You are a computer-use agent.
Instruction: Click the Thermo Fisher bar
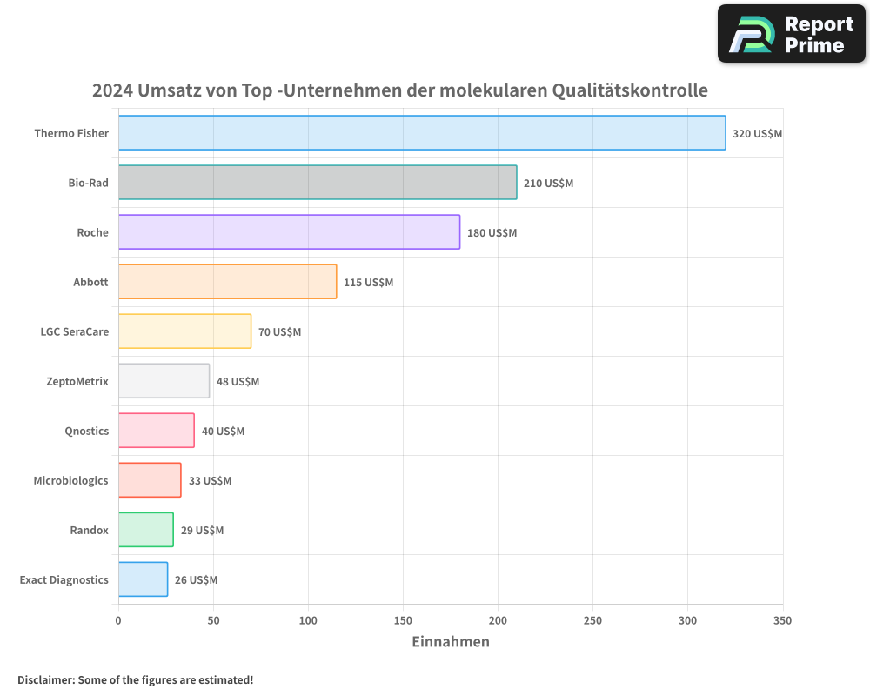(422, 133)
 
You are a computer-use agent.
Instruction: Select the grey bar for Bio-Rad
(318, 183)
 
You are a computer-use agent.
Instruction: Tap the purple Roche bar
(289, 232)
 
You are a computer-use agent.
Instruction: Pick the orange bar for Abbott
(227, 282)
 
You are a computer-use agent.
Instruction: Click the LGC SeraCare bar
(184, 331)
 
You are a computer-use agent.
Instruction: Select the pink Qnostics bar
(157, 431)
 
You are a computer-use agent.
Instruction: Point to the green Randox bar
(146, 530)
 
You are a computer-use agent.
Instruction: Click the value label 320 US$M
(758, 134)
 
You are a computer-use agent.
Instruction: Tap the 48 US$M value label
(238, 382)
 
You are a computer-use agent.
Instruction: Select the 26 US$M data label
(196, 580)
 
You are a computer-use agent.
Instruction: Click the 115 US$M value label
(368, 283)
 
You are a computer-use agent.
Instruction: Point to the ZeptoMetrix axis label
(77, 381)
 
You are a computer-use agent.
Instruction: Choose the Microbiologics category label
(71, 480)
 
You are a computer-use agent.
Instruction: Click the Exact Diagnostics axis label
(64, 579)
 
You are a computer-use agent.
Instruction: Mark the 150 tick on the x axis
(403, 620)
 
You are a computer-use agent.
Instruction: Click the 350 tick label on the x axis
(782, 620)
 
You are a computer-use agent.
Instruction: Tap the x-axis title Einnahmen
(450, 642)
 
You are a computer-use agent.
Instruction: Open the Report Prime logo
(792, 34)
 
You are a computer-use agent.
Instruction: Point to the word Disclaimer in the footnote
(45, 680)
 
